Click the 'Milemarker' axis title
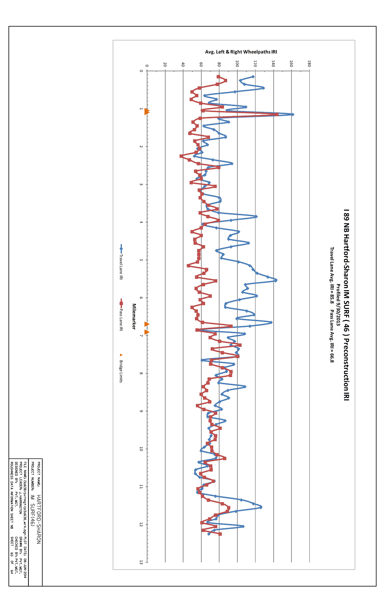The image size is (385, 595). [x=134, y=316]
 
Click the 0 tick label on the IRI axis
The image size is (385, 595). [x=147, y=66]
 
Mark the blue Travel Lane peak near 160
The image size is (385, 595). [x=293, y=115]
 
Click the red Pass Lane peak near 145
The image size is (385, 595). [x=277, y=115]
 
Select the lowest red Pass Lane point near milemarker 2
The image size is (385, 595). [x=181, y=156]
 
